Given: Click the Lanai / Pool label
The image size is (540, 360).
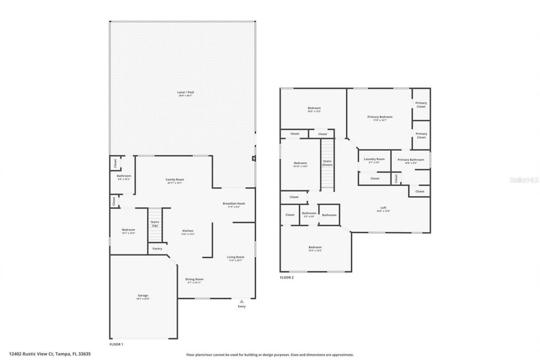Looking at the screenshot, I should [x=186, y=92].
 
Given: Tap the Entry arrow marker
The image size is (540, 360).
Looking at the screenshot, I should [x=241, y=301].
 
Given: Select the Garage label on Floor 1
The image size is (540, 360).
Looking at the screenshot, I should [x=143, y=295].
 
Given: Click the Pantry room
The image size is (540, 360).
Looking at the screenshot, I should [x=157, y=249].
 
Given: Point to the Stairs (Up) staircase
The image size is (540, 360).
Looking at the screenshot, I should [x=155, y=224].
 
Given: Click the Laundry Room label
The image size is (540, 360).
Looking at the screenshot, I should [x=374, y=159].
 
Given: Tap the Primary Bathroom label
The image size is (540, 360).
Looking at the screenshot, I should [x=410, y=160].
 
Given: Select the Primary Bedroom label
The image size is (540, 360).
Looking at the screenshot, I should [x=380, y=117].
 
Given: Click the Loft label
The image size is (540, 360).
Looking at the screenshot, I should [x=383, y=208].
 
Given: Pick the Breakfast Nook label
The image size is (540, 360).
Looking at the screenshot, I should [x=234, y=203].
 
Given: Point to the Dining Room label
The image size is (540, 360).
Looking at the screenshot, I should [x=194, y=279].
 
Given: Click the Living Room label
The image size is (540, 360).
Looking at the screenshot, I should [x=236, y=257].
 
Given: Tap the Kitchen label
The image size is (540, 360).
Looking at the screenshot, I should [x=188, y=231].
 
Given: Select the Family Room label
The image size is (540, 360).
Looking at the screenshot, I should [x=175, y=180].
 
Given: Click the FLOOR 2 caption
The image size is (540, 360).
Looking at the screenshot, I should [x=286, y=277].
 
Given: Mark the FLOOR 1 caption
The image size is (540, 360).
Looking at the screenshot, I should [x=116, y=344].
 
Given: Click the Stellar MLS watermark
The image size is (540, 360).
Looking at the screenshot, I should [x=524, y=180].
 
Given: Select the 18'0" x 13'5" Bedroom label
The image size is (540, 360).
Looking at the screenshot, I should [x=314, y=108].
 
